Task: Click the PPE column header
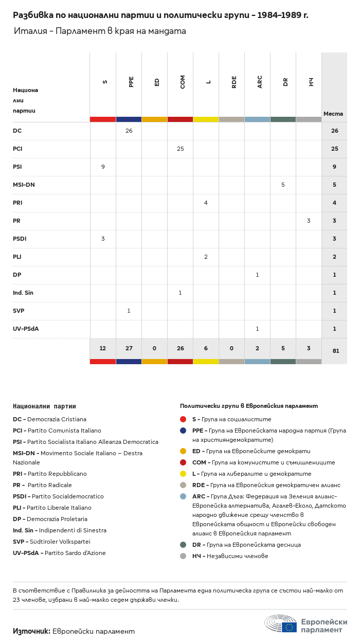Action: (131, 82)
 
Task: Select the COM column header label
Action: (182, 82)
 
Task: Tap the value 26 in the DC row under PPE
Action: (129, 131)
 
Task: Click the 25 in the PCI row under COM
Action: (181, 149)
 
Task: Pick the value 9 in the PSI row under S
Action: (103, 167)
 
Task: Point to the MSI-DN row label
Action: (24, 185)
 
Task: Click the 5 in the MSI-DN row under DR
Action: (283, 185)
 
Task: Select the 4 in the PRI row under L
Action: (206, 203)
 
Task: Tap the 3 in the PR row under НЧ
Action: (309, 221)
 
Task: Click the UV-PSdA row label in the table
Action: (26, 329)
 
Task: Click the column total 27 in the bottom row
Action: (129, 348)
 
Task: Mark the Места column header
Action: (333, 114)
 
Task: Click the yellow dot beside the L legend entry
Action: (183, 474)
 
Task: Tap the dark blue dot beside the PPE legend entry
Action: (183, 431)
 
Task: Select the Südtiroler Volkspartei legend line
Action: (51, 542)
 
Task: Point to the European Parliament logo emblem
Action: (281, 623)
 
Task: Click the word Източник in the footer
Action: (32, 631)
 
